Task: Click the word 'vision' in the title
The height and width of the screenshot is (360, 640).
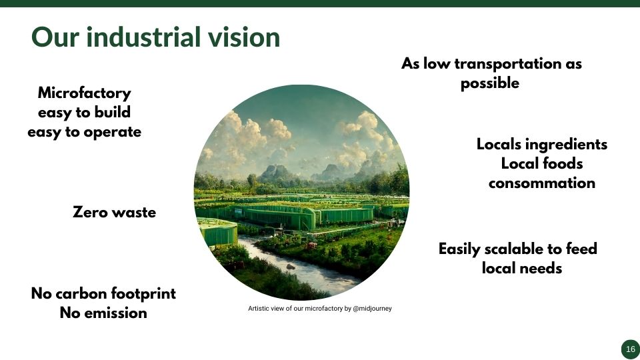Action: click(x=244, y=37)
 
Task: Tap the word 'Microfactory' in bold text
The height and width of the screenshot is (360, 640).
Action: click(x=85, y=93)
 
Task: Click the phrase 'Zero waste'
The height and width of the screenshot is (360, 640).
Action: click(x=114, y=212)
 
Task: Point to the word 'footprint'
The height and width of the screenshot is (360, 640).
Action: click(x=143, y=293)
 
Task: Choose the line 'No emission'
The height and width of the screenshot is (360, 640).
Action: click(x=103, y=313)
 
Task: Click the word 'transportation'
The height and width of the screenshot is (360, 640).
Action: click(x=508, y=64)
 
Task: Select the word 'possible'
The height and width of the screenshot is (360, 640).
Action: click(x=490, y=84)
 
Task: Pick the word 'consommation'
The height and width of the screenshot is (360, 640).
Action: click(x=541, y=183)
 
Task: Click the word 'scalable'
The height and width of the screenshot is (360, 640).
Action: click(x=514, y=249)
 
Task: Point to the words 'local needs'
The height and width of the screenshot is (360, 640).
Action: click(x=521, y=268)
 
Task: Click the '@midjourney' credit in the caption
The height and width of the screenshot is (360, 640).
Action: click(x=372, y=309)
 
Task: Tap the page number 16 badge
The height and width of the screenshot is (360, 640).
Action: click(x=631, y=349)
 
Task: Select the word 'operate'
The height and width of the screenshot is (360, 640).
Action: click(x=112, y=132)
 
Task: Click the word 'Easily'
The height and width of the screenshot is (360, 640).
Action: click(x=459, y=249)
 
